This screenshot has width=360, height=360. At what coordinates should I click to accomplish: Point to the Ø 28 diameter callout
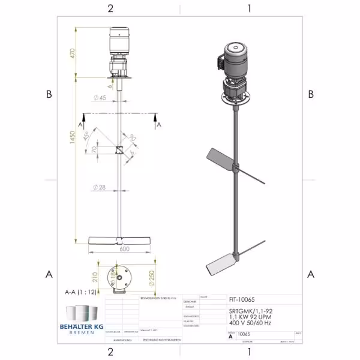pos(99,188)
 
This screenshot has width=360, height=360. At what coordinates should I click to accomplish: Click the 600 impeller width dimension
pos(125,248)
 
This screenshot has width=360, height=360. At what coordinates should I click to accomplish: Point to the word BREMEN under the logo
pos(82,332)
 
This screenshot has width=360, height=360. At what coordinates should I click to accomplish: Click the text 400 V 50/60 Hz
pos(248,323)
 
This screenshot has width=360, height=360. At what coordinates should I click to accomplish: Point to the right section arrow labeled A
pos(158,124)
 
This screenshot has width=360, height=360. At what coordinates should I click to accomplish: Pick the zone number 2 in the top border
pos(110,8)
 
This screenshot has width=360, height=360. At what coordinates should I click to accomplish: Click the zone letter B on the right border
pos(310,94)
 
